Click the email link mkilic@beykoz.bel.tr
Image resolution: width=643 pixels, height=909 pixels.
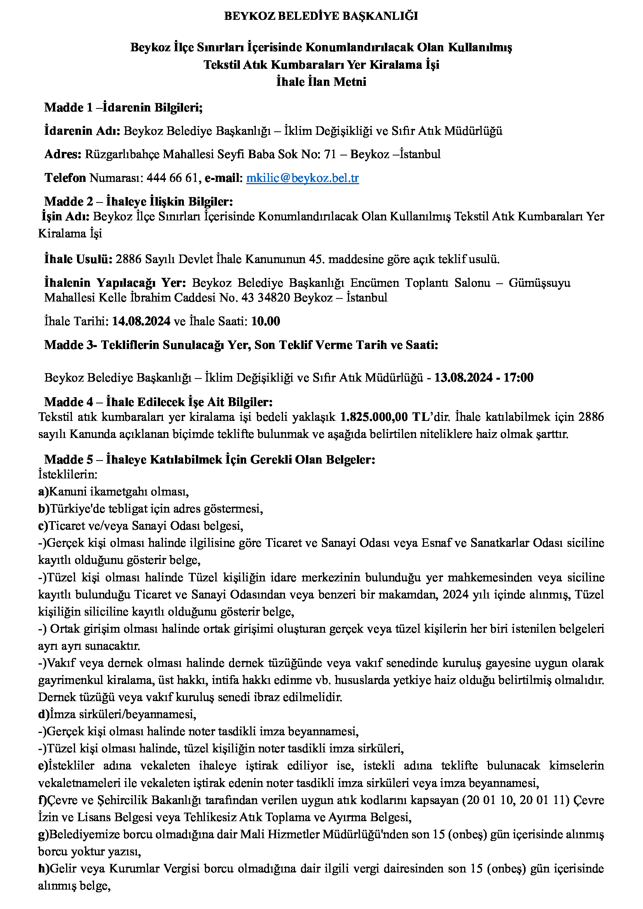click(302, 178)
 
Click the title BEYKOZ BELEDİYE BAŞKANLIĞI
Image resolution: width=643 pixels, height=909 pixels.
click(321, 16)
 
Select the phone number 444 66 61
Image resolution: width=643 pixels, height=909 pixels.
click(171, 178)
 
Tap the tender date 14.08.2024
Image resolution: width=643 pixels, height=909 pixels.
click(142, 321)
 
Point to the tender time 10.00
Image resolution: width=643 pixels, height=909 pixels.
click(266, 321)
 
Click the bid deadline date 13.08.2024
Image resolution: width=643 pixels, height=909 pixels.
click(463, 377)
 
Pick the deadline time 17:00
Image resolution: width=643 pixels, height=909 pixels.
click(518, 377)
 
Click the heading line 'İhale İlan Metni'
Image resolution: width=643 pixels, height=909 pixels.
click(321, 82)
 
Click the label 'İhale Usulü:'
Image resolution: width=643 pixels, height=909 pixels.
click(79, 259)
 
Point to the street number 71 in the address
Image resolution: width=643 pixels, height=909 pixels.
click(330, 154)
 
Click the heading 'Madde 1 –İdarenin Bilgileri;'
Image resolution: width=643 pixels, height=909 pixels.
click(123, 107)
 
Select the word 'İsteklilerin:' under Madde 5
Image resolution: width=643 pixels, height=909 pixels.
click(68, 474)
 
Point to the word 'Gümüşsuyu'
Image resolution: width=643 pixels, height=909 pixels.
click(539, 283)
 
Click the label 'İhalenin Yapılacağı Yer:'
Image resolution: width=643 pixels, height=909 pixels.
click(115, 283)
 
